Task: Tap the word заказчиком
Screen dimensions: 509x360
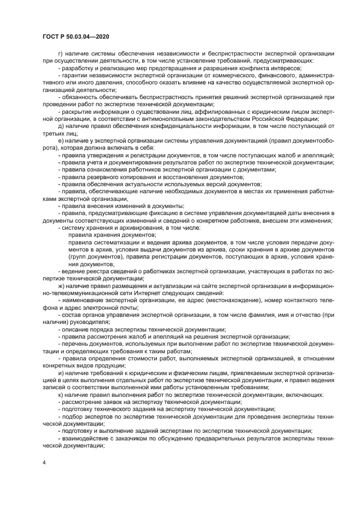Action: (x=130, y=438)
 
